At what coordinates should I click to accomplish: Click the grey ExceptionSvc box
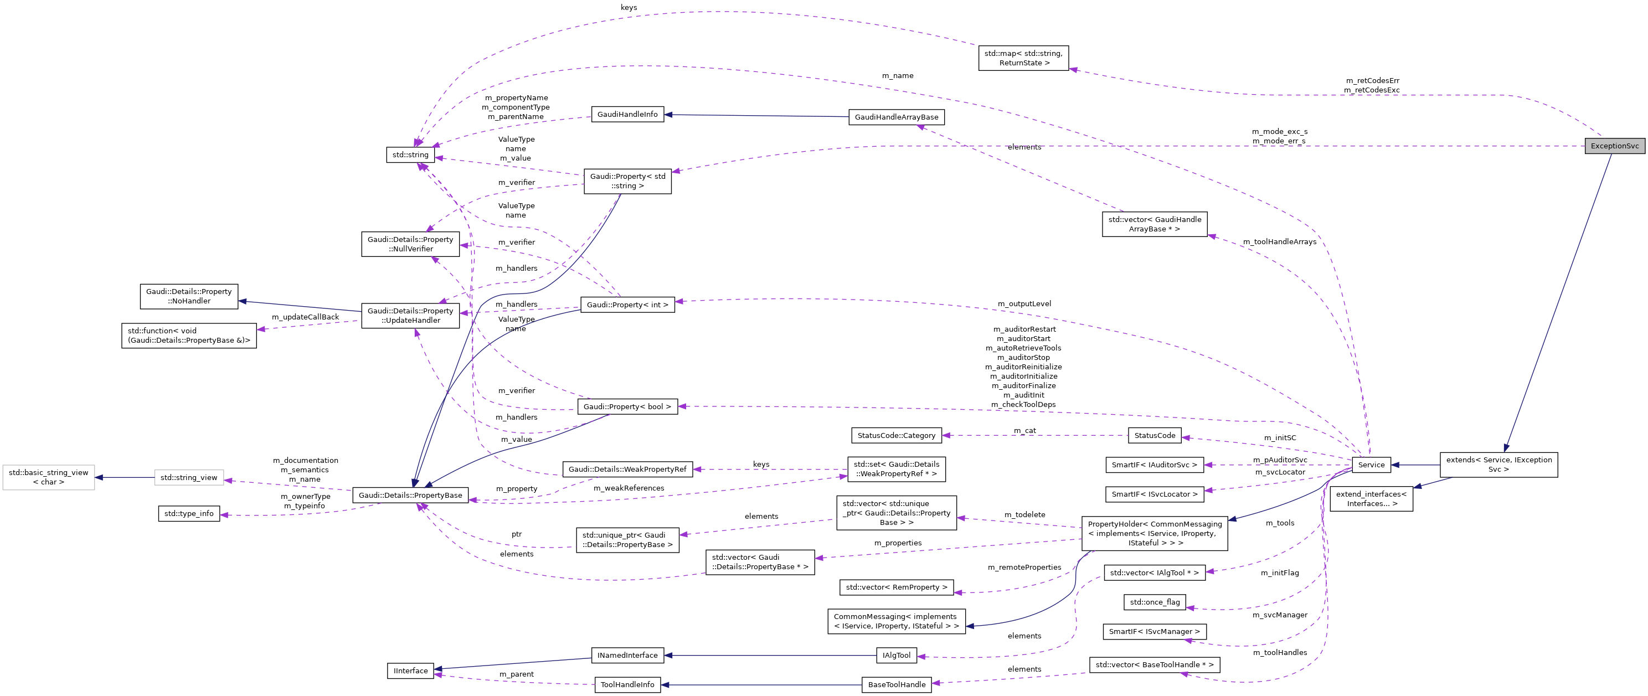click(1614, 146)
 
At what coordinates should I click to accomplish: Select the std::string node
click(410, 155)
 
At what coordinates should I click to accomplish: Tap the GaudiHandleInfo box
click(627, 115)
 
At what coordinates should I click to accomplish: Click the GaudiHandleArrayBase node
click(897, 117)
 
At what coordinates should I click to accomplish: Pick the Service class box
click(1371, 465)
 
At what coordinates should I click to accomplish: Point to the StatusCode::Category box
click(895, 436)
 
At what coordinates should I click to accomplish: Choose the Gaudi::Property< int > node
click(627, 305)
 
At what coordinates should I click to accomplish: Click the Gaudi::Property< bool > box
click(627, 407)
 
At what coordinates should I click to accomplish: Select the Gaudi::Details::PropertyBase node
click(410, 495)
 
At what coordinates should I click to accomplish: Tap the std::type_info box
click(189, 514)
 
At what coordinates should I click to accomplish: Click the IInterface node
click(410, 671)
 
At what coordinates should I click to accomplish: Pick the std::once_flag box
click(1154, 602)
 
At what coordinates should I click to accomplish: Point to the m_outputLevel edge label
click(1023, 304)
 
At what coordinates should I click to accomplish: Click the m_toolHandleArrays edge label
click(1280, 242)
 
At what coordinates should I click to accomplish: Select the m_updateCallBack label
click(305, 317)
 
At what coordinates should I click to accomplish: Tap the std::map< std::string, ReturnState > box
click(1023, 58)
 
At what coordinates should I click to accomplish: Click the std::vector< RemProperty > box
click(895, 587)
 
